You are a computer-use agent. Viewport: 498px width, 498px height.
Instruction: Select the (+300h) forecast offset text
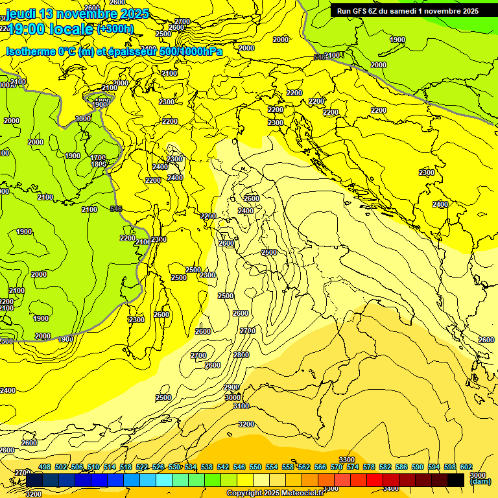coord(115,29)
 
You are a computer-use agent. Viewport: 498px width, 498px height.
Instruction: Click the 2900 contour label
coord(231,387)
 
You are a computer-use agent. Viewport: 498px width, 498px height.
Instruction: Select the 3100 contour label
coord(241,406)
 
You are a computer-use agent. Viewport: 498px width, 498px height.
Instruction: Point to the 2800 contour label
coord(241,355)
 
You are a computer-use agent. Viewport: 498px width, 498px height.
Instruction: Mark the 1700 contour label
coord(98,158)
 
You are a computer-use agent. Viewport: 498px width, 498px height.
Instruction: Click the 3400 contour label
coord(390,488)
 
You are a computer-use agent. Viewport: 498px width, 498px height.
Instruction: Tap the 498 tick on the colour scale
coord(45,467)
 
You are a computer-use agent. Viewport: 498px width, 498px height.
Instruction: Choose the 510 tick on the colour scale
coord(93,467)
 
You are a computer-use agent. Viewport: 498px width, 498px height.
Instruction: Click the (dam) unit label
coord(479,481)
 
